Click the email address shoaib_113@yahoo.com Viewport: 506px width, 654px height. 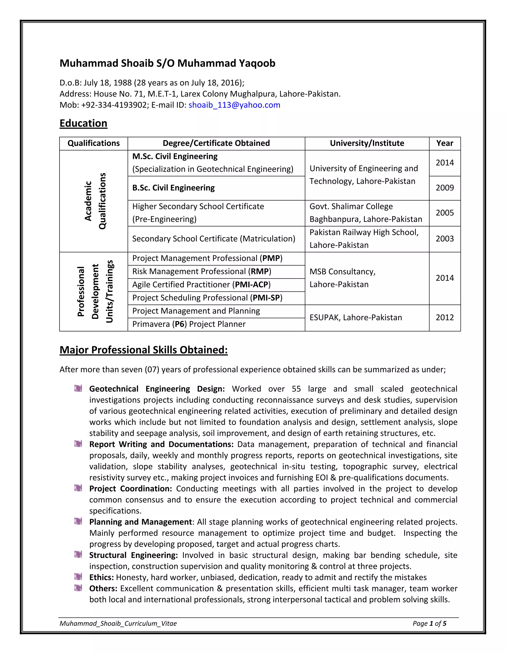pos(234,105)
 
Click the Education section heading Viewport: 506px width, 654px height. pos(83,123)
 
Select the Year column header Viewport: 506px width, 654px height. pos(444,143)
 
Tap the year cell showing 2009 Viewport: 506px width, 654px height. pos(444,188)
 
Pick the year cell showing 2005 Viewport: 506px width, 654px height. pos(444,213)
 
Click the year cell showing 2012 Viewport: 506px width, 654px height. pos(444,318)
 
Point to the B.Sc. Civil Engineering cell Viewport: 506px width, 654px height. pos(173,188)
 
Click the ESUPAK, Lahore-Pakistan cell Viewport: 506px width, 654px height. pos(356,318)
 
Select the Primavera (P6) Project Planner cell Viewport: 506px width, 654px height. pos(189,324)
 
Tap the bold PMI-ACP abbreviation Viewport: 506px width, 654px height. pos(251,285)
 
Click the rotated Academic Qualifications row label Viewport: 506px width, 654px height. pos(95,201)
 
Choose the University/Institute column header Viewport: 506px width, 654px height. pos(367,143)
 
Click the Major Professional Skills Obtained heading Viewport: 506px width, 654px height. pos(144,350)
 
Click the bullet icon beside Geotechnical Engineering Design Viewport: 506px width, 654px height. pos(78,389)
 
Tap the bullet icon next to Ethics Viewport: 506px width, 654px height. pos(78,577)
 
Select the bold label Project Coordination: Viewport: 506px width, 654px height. pos(130,489)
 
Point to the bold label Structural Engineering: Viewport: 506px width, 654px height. pos(133,555)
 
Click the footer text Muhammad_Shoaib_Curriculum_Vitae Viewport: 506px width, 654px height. pos(118,623)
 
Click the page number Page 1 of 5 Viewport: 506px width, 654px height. pos(429,623)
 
